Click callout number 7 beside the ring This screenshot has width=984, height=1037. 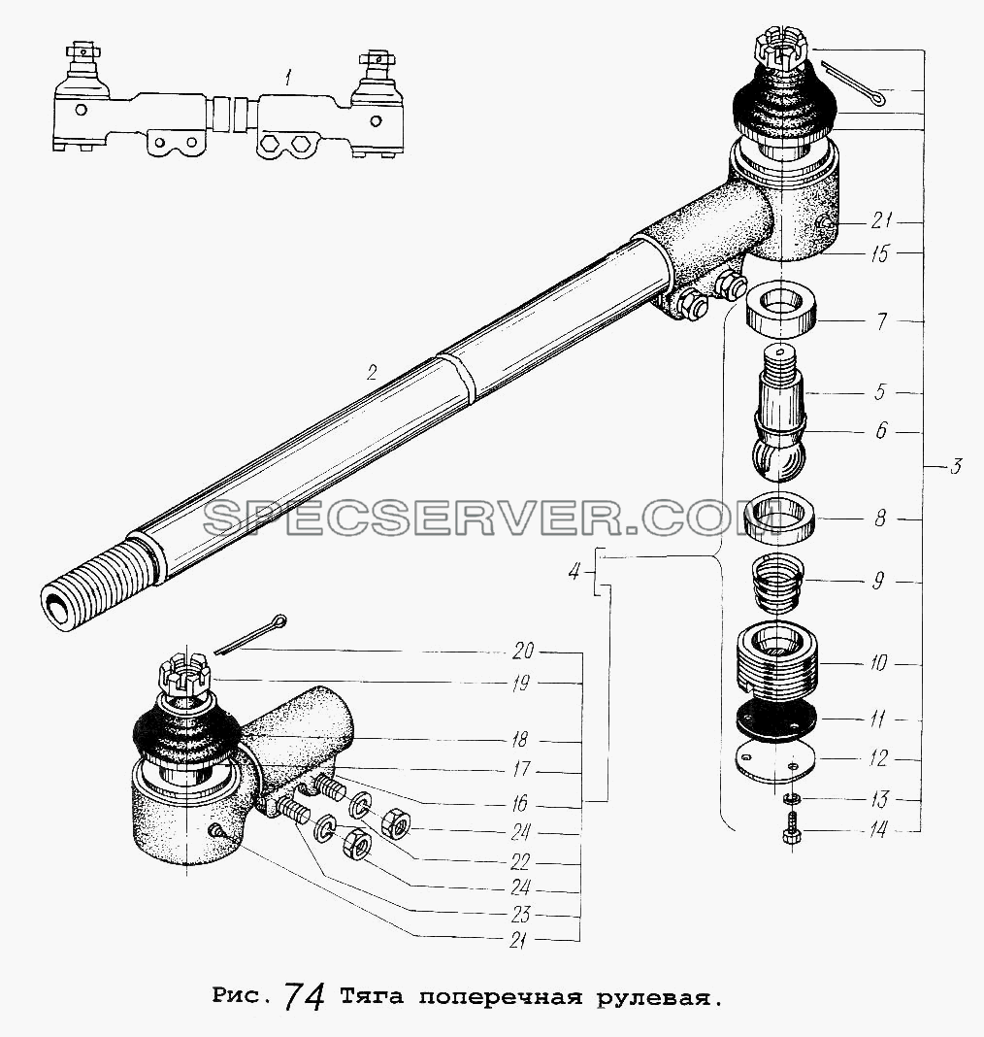click(881, 322)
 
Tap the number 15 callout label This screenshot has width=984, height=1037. click(879, 253)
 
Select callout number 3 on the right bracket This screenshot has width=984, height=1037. click(955, 467)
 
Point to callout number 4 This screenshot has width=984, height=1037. click(574, 570)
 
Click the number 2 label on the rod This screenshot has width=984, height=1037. click(372, 374)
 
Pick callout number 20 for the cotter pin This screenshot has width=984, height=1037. click(523, 652)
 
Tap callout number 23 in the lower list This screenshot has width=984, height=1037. click(521, 915)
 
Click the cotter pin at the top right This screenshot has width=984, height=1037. click(852, 83)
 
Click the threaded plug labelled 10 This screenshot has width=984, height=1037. click(778, 660)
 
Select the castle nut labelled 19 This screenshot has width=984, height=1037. click(183, 676)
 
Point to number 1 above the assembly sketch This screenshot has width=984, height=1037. click(288, 80)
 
